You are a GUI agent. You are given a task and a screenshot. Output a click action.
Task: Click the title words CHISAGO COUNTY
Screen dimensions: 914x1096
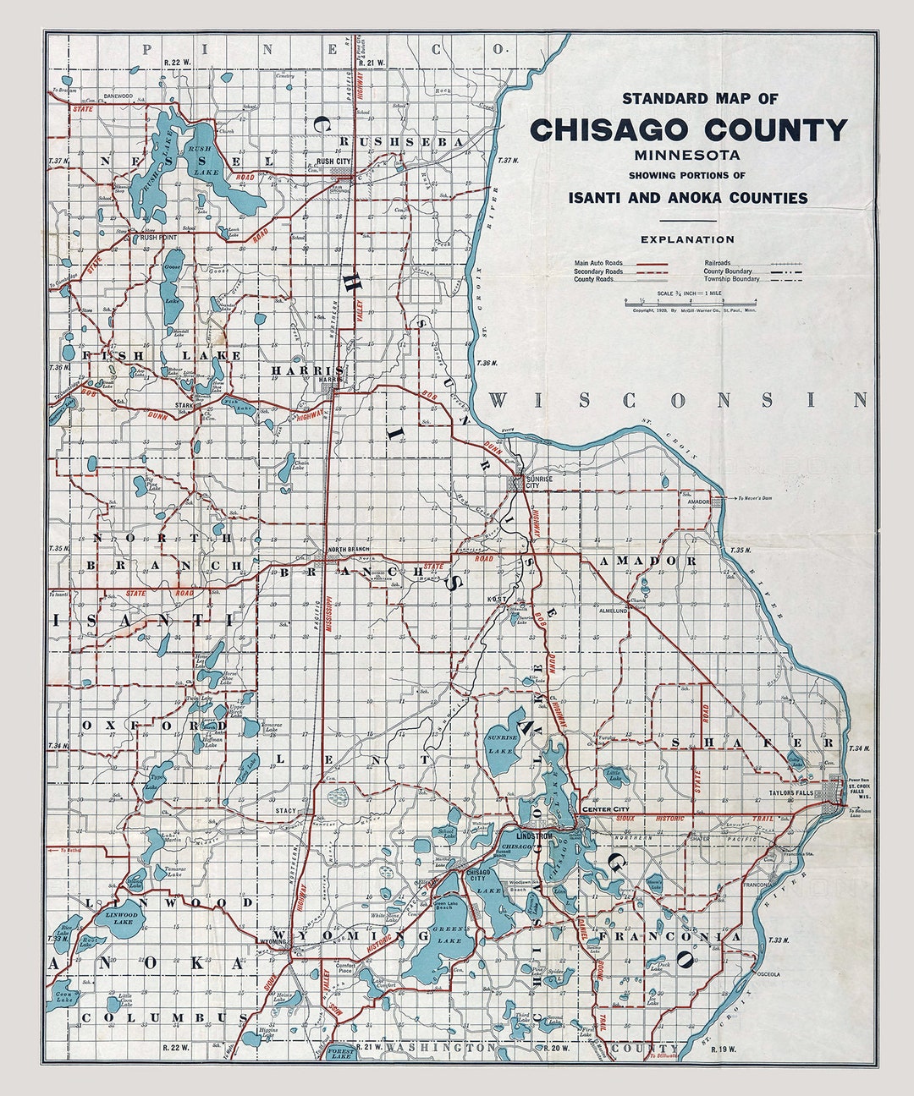tap(687, 130)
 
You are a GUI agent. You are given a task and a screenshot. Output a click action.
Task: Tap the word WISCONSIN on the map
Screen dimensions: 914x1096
tap(677, 400)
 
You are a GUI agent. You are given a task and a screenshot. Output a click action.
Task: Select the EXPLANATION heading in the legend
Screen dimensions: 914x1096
tap(687, 239)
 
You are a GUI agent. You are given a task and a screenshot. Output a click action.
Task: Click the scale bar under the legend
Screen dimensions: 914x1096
tap(690, 302)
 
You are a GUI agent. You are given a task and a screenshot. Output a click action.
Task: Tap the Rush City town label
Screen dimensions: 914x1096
tap(333, 161)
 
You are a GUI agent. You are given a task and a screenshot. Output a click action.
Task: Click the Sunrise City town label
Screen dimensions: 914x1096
tap(539, 482)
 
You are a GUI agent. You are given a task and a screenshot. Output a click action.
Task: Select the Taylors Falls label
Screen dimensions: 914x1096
tap(790, 794)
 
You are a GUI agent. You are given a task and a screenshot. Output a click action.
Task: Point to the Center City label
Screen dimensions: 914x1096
tap(603, 809)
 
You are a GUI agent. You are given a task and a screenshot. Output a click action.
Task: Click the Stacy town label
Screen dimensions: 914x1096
tap(285, 810)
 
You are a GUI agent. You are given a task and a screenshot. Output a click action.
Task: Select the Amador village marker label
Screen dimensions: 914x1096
tap(698, 501)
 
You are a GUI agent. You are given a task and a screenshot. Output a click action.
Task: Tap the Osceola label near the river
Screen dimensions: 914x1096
tap(768, 973)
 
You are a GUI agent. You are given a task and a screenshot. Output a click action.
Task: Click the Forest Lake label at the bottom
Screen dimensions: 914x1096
tap(341, 1052)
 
